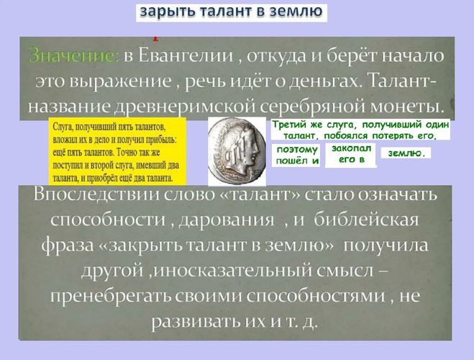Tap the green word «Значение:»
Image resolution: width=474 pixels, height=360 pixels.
click(x=74, y=55)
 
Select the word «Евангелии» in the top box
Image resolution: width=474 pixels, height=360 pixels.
click(x=186, y=56)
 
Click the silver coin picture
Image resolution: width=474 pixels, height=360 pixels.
click(x=237, y=151)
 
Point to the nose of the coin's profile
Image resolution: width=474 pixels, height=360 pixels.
click(x=257, y=149)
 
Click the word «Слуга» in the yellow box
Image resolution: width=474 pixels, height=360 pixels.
click(x=63, y=127)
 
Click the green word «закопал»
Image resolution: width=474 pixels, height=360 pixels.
click(x=351, y=148)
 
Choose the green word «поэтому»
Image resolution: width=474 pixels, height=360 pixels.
click(x=298, y=150)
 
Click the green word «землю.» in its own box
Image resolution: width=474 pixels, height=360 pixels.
click(x=406, y=153)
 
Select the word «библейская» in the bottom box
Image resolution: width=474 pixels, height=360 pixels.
click(x=366, y=220)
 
